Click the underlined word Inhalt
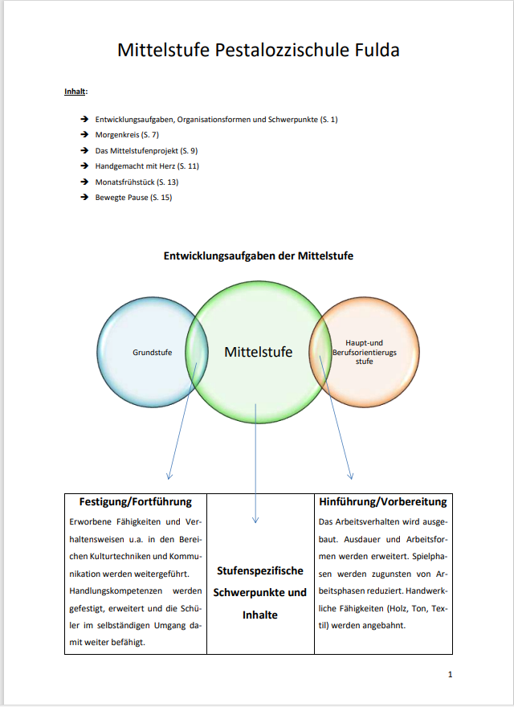tap(75, 91)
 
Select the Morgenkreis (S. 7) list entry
tap(127, 134)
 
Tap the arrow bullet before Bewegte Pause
tap(84, 198)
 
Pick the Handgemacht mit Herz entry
tap(147, 166)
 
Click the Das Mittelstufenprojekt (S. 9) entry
tap(146, 150)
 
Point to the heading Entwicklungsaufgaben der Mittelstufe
tap(259, 255)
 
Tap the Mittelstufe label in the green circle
tap(259, 352)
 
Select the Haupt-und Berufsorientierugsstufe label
tap(365, 352)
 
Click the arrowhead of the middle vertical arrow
tap(256, 519)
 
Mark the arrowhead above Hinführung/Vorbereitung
tap(349, 474)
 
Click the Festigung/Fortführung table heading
tap(136, 501)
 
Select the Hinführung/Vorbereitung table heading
tap(382, 501)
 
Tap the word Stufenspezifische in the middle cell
tap(260, 570)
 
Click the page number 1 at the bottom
tap(450, 674)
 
